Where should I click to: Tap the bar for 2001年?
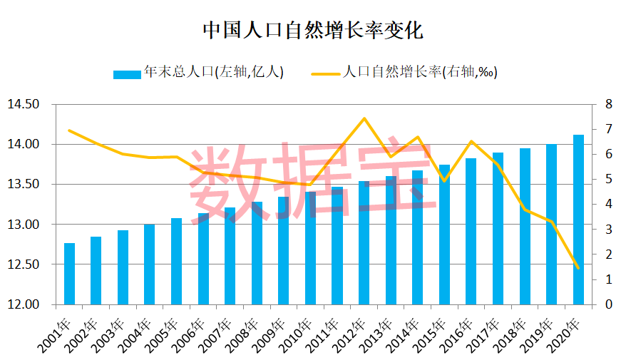point(69,274)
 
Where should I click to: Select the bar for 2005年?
point(176,262)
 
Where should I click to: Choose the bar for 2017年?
point(498,228)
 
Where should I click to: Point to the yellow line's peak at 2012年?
point(364,118)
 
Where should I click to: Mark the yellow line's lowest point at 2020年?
point(578,268)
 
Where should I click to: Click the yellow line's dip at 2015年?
point(444,181)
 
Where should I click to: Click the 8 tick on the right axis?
point(608,105)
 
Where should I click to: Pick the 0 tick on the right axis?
point(608,305)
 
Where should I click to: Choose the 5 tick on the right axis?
point(608,180)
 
